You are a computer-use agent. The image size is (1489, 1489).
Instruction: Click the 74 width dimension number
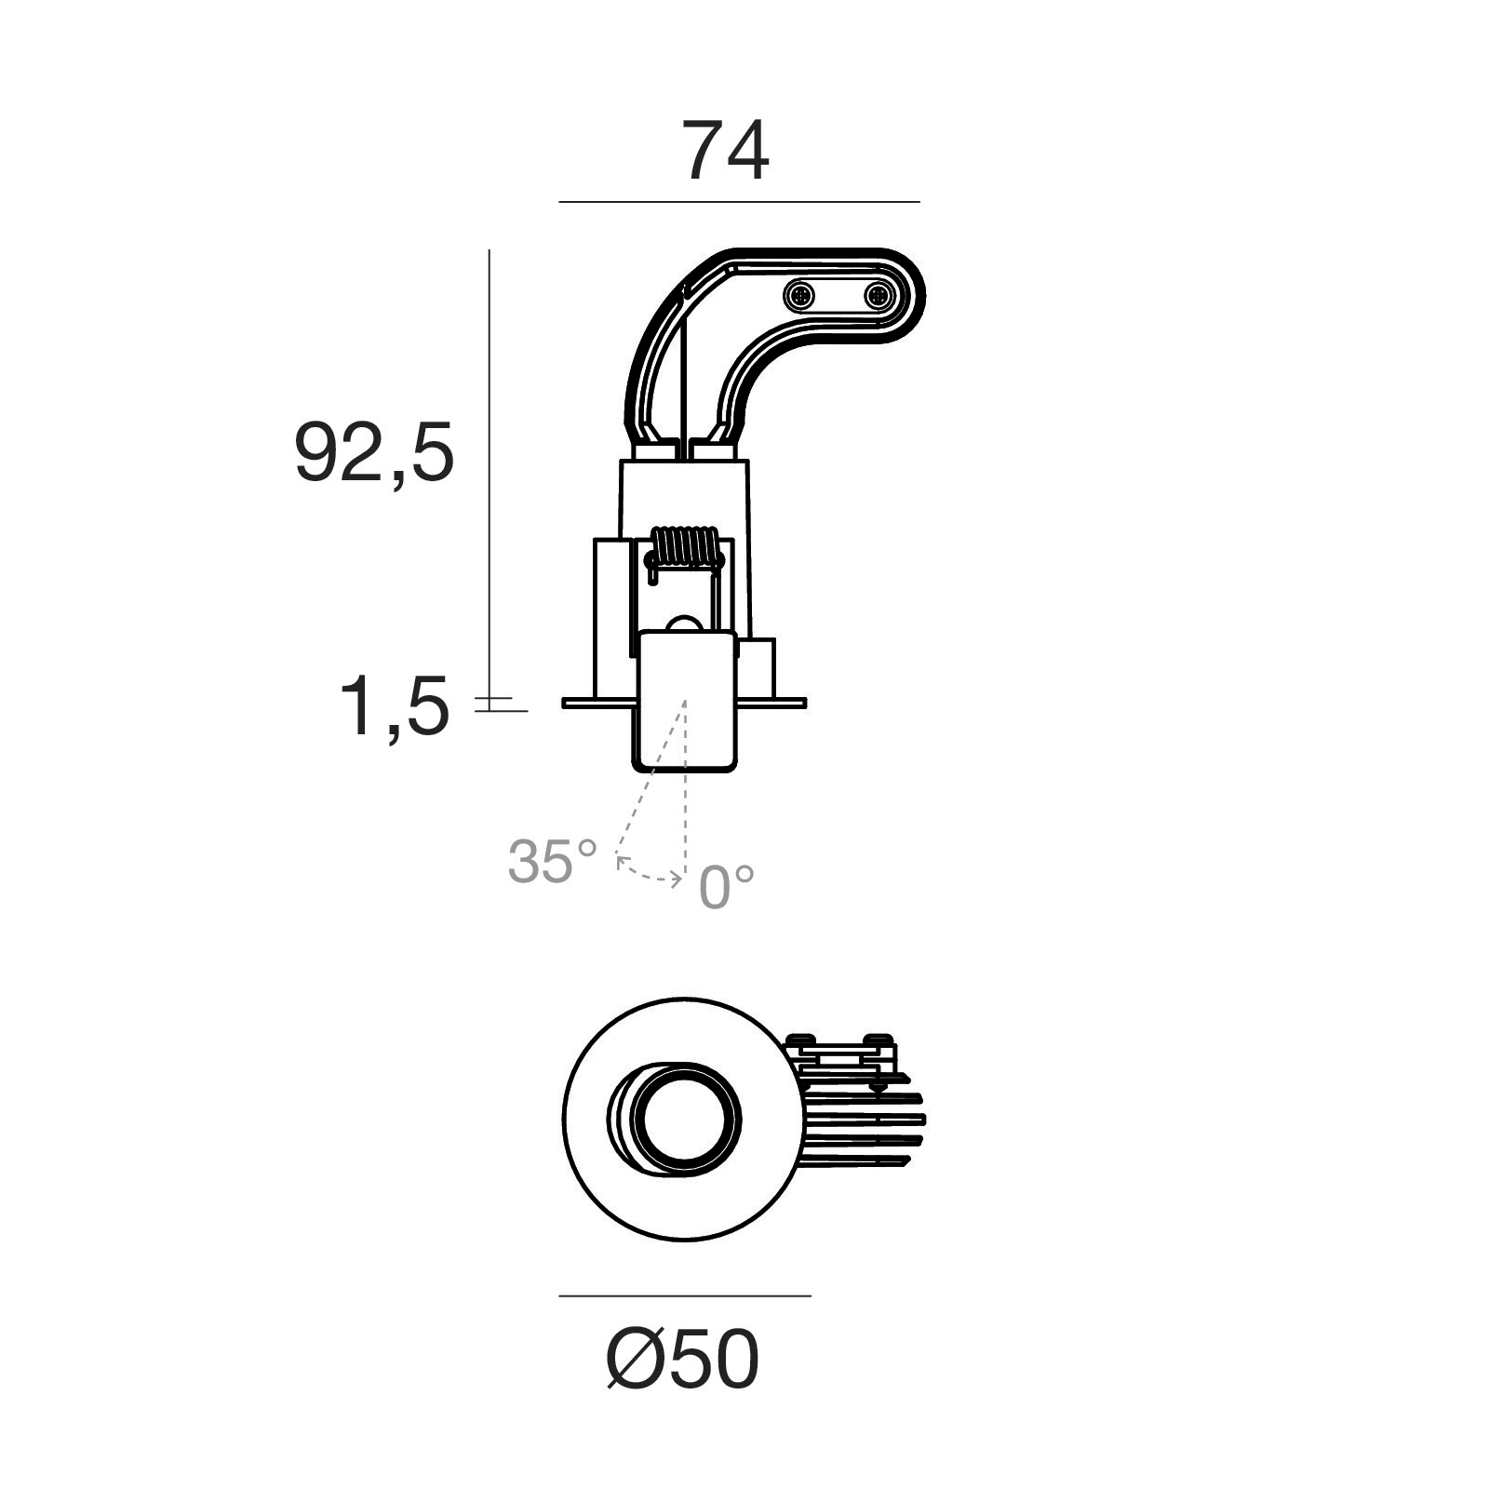727,151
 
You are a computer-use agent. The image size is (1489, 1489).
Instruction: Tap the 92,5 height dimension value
374,452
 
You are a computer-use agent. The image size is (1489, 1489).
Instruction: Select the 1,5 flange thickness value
395,707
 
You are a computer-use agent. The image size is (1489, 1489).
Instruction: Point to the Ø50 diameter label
682,1361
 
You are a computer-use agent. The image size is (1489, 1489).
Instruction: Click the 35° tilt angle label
552,861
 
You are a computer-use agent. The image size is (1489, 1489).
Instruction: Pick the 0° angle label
726,886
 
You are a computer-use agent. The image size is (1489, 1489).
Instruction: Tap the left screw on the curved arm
799,297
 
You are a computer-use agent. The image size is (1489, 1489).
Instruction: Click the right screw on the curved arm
878,297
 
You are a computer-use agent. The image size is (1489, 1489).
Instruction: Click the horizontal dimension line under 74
739,202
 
